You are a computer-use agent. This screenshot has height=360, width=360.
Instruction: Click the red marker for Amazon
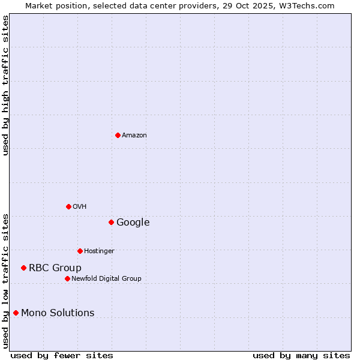(x=118, y=135)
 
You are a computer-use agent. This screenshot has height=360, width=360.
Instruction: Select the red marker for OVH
(x=68, y=206)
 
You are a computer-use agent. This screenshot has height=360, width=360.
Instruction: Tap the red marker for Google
(x=111, y=222)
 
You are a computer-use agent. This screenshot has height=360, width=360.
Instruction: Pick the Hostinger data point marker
(x=80, y=251)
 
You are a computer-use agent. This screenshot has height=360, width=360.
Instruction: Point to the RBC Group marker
(x=23, y=268)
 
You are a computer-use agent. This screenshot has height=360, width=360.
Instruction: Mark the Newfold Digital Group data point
(x=67, y=278)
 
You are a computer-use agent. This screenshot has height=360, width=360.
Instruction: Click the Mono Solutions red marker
(x=16, y=313)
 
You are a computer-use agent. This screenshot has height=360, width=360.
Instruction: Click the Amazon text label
(x=134, y=136)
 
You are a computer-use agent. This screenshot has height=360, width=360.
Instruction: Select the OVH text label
(x=80, y=207)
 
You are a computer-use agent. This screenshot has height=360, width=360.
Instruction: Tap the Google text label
(x=133, y=223)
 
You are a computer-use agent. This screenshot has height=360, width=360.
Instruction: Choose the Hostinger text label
(x=99, y=251)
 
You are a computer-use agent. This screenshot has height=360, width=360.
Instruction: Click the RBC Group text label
(x=55, y=268)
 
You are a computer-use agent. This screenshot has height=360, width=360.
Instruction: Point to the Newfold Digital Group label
(x=106, y=279)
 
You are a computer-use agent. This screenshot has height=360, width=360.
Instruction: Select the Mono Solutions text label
(x=58, y=313)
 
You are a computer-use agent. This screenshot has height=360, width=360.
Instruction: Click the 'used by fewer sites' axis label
(x=62, y=355)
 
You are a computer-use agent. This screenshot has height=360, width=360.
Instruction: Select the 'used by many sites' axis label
(x=301, y=355)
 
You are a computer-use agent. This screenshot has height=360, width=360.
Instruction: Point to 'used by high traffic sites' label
(x=5, y=85)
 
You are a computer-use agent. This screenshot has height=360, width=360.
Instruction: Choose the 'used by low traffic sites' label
(x=5, y=280)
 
